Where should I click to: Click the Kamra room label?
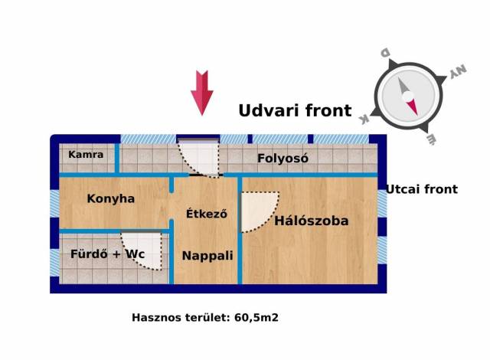point(86,155)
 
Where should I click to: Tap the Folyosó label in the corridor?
point(283,159)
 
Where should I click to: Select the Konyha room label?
point(110,198)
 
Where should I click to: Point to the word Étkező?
point(206,214)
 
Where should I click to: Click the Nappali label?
point(207,256)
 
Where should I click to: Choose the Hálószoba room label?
point(312,221)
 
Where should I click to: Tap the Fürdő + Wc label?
point(107,254)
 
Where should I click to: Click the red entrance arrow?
point(202,93)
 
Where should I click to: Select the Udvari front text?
point(295,110)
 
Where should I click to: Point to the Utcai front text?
point(422,189)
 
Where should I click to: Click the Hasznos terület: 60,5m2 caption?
point(205,318)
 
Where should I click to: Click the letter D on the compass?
point(384,53)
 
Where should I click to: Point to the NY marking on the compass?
point(458,71)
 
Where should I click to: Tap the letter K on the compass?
point(364,119)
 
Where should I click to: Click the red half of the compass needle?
point(413,106)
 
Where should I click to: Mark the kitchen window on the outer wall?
point(54,204)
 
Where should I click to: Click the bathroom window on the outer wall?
point(54,263)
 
